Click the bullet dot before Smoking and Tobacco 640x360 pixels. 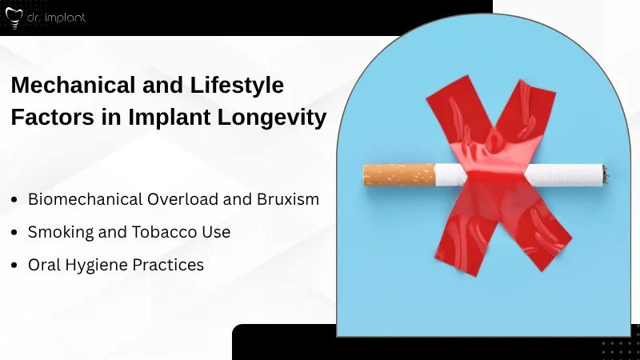pos(15,233)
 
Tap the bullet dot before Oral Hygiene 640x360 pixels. pos(15,265)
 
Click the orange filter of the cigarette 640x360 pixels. pos(398,174)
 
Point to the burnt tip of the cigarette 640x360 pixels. pos(605,174)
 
